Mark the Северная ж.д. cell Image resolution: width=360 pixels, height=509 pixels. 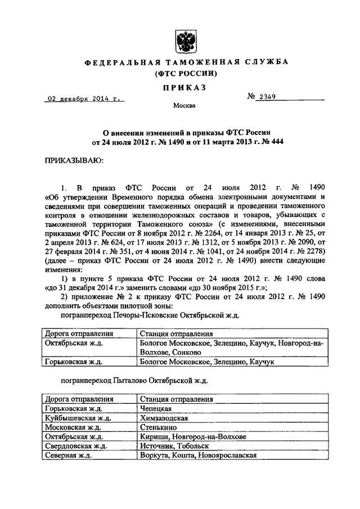coord(67,454)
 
